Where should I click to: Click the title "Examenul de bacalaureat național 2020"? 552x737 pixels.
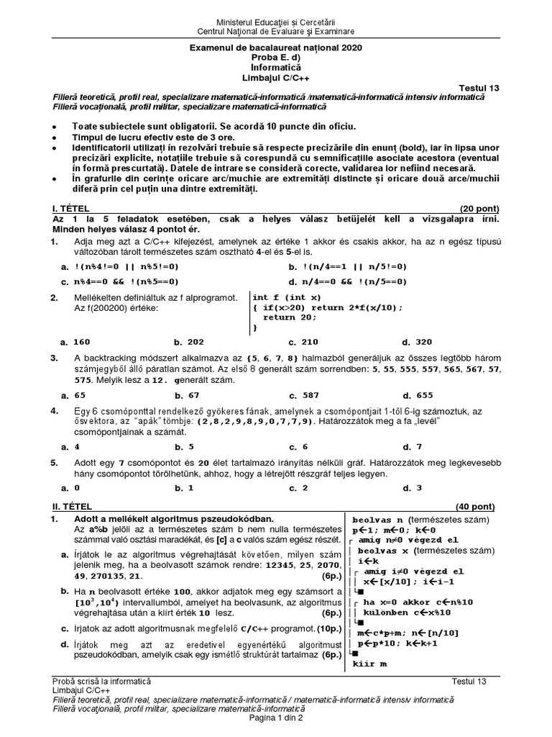coord(276,48)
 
